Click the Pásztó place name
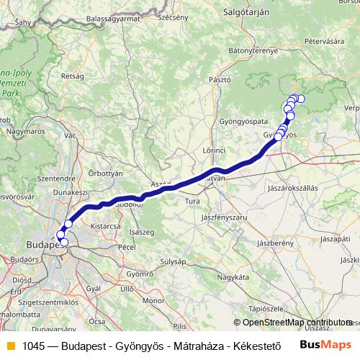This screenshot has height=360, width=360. [220, 80]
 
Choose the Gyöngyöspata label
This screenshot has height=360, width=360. [243, 122]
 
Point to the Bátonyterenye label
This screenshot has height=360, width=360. [253, 51]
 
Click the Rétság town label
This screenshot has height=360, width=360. [73, 76]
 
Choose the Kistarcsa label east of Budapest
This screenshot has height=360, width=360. [105, 226]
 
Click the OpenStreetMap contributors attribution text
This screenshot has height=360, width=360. [296, 323]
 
